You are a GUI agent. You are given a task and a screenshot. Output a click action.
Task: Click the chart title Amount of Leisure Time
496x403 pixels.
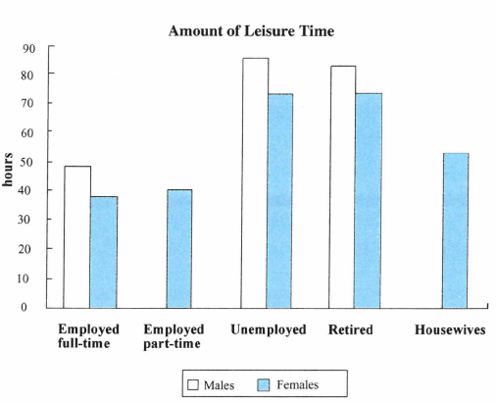[251, 31]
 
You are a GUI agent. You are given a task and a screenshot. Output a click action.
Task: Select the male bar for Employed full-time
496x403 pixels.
[77, 237]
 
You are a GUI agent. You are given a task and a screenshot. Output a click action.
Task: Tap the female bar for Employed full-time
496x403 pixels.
[104, 252]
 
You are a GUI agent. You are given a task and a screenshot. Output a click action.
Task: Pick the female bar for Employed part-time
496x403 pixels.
[179, 249]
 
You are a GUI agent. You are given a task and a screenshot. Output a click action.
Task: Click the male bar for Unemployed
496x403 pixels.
[255, 183]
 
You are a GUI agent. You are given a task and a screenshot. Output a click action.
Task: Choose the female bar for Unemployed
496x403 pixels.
[279, 201]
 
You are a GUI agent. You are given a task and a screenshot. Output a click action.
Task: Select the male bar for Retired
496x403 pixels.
[342, 187]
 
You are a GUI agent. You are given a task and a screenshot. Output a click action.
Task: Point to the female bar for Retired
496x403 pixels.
[368, 201]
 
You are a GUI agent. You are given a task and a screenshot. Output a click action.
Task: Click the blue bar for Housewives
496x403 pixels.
[456, 230]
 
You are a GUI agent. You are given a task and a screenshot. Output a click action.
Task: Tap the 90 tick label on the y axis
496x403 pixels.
[28, 48]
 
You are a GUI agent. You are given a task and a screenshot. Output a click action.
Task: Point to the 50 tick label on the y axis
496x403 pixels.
[26, 162]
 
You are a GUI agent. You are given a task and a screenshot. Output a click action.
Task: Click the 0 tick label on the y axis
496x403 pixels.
[24, 307]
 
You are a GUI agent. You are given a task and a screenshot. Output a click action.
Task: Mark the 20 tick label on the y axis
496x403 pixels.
[25, 249]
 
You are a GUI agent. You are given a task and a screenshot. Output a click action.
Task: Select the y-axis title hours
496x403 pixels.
[8, 170]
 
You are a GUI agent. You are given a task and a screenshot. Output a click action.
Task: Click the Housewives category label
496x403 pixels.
[450, 329]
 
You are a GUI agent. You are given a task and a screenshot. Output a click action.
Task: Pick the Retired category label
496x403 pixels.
[350, 329]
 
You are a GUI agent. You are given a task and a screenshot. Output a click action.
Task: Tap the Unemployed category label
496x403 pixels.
[269, 330]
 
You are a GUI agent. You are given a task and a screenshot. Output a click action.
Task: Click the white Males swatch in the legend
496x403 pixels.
[193, 384]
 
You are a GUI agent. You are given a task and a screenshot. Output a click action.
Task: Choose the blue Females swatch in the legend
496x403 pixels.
[263, 384]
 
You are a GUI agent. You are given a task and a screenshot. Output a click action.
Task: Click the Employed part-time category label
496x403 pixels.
[174, 336]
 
